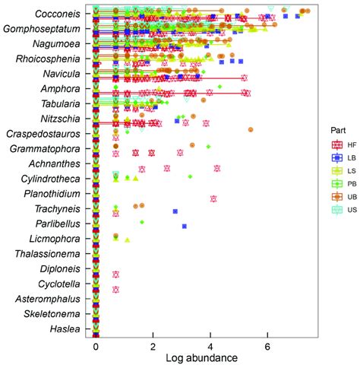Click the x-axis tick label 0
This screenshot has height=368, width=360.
(x=96, y=347)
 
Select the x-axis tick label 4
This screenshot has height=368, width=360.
(x=210, y=347)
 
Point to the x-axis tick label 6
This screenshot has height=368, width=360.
(x=268, y=347)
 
